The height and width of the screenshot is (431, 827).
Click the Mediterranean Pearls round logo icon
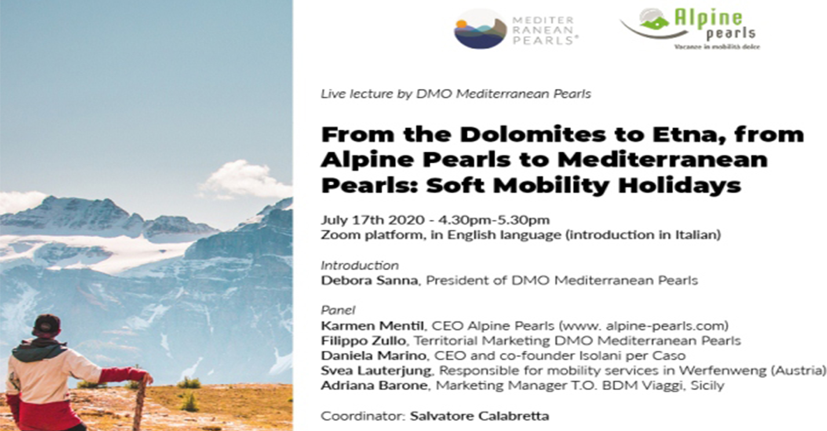(x=480, y=29)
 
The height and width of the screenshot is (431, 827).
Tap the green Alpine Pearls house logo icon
(x=654, y=19)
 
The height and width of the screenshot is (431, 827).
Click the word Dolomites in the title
(x=533, y=134)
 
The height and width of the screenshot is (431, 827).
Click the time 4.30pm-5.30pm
(x=494, y=220)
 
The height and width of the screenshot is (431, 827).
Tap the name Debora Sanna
(x=369, y=281)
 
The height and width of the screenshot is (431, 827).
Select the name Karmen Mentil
(x=372, y=326)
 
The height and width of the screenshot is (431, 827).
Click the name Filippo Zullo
(x=363, y=341)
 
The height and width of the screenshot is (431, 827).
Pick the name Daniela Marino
(x=374, y=356)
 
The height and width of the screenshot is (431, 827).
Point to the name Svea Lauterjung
(x=376, y=371)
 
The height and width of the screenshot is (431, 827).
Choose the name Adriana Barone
(x=374, y=386)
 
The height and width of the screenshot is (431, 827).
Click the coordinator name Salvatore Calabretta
(x=479, y=416)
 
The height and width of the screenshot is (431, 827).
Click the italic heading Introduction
(x=360, y=266)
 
